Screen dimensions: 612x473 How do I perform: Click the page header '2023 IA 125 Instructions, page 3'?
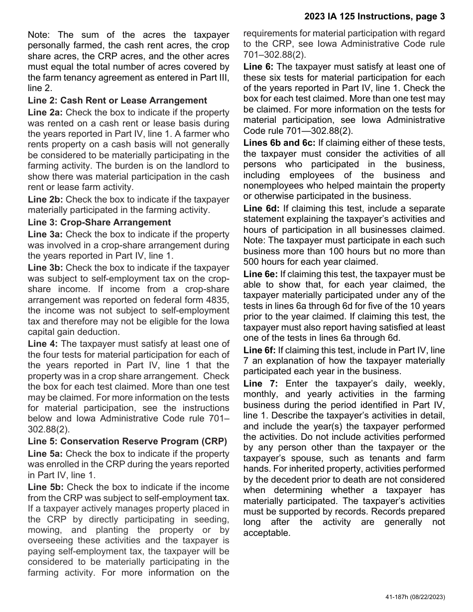[x=374, y=17]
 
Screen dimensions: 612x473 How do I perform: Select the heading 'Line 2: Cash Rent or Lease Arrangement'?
[x=117, y=101]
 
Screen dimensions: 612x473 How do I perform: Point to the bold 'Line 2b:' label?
[x=46, y=200]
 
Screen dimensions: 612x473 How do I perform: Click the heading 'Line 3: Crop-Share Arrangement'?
[x=99, y=222]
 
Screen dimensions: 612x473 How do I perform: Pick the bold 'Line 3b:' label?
[x=46, y=268]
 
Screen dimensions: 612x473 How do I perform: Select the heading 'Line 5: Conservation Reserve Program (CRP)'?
[x=127, y=441]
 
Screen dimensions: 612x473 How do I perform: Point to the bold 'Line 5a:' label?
[x=46, y=454]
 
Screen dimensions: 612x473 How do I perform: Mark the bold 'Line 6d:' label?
[x=261, y=208]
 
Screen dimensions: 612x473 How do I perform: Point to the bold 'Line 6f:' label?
[x=259, y=350]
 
